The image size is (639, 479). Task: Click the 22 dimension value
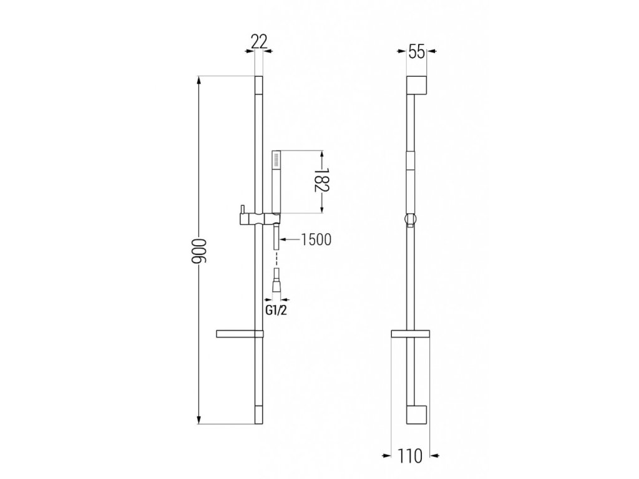[x=259, y=42]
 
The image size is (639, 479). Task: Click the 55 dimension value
[x=416, y=52]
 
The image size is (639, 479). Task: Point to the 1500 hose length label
[x=316, y=240]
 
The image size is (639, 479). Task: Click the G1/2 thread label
[x=276, y=311]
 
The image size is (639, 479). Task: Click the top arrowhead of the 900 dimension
[x=199, y=81]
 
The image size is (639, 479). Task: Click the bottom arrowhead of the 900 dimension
[x=199, y=419]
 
